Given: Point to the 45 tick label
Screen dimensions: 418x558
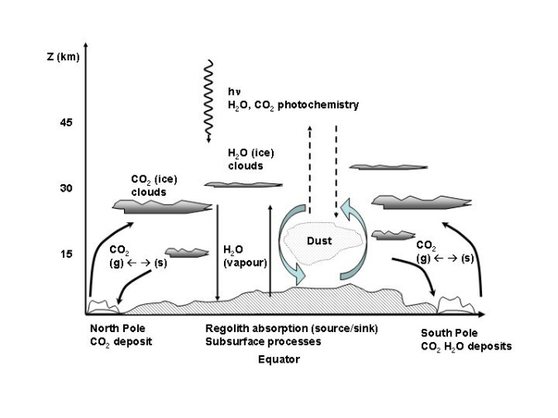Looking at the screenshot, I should [65, 123].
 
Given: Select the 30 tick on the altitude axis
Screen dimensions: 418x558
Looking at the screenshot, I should [65, 188].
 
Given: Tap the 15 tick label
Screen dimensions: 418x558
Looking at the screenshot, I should [65, 254].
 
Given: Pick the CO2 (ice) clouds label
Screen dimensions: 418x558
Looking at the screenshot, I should [154, 186].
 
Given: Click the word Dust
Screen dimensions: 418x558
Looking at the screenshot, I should [319, 241].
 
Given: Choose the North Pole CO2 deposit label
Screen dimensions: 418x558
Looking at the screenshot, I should [121, 334].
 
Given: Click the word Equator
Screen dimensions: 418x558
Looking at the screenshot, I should [278, 359].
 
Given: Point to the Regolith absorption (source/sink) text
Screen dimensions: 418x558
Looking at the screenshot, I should [291, 329].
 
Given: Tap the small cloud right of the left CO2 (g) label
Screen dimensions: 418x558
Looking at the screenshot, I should [186, 252].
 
